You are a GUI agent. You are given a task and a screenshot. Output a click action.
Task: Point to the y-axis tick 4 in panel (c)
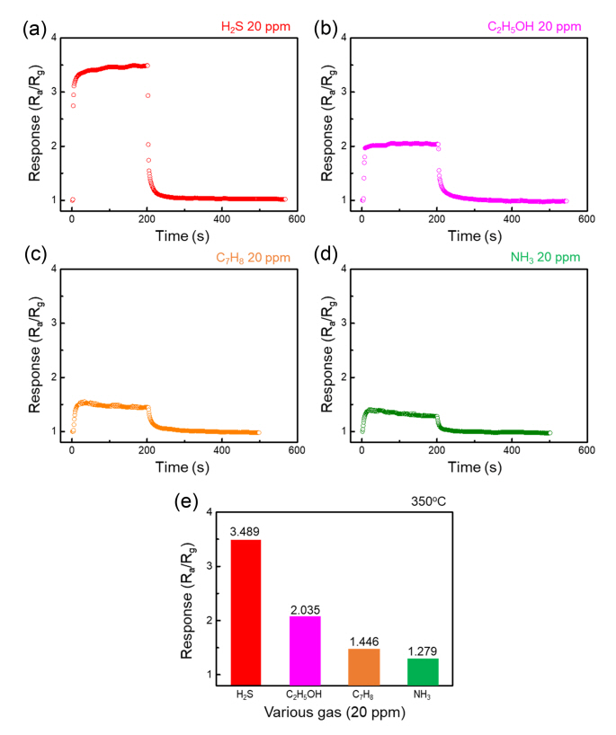[56, 269]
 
